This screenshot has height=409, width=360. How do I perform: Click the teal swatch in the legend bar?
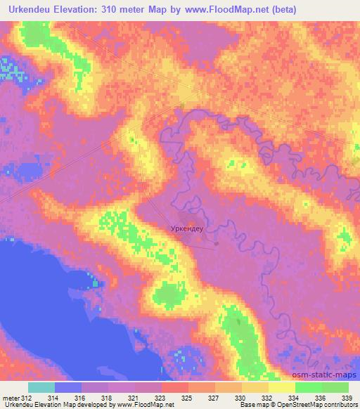pyautogui.click(x=41, y=387)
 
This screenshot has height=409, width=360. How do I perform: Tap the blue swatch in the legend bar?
pyautogui.click(x=68, y=387)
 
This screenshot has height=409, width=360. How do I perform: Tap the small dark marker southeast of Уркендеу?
pyautogui.click(x=217, y=245)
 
